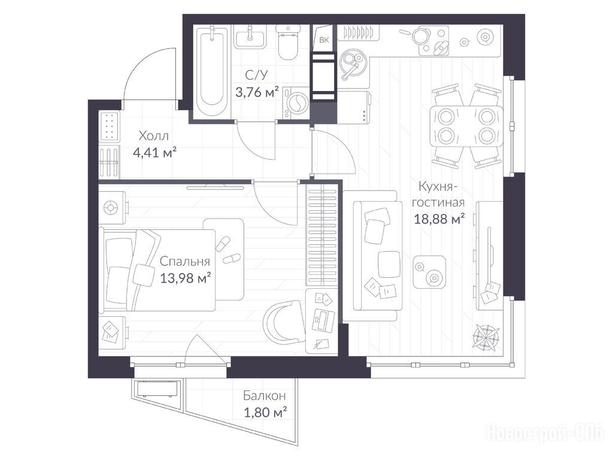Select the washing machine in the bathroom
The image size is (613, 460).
point(296,102)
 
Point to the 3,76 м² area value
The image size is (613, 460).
point(257,92)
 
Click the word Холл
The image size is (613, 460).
point(154,136)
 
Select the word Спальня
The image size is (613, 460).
point(185,261)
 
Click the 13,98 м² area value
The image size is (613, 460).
point(186,278)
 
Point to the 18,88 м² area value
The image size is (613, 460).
point(439,219)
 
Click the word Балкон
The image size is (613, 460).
point(264,396)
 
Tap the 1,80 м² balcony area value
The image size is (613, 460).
point(265,412)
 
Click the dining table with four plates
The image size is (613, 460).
point(466,126)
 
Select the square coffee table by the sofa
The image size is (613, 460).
point(430,273)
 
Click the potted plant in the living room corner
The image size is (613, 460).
point(486,337)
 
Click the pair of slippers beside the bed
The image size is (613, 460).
point(227,251)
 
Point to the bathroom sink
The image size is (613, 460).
point(250,38)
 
